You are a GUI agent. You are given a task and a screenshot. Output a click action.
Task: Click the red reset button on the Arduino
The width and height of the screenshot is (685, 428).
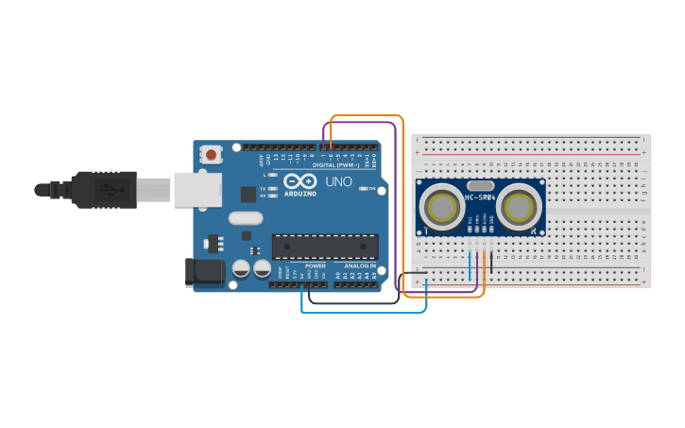point(212,154)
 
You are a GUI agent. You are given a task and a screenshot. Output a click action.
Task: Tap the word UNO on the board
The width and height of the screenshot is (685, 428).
point(338,181)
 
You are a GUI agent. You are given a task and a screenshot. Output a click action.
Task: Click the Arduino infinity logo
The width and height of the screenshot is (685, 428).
point(300,181)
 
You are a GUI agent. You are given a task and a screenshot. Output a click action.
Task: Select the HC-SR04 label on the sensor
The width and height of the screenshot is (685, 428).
point(480,197)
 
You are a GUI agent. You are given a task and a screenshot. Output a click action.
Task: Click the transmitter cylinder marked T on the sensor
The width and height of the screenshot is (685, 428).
point(441,205)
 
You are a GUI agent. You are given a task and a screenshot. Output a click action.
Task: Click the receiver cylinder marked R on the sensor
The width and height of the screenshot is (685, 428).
point(518,205)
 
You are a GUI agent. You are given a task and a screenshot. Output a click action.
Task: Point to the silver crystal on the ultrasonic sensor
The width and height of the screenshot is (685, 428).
point(480,186)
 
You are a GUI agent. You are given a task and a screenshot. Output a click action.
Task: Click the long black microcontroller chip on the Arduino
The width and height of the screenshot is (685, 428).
point(324,246)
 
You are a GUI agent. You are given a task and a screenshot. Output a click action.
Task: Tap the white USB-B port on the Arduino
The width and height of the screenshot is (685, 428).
point(197,189)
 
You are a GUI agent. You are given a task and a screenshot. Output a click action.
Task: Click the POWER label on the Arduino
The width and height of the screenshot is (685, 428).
point(316,266)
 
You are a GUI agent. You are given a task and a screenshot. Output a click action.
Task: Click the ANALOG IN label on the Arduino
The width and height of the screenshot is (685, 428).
point(359,266)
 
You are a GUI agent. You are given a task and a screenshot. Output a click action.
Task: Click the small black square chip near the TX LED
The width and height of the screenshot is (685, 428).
point(248,195)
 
